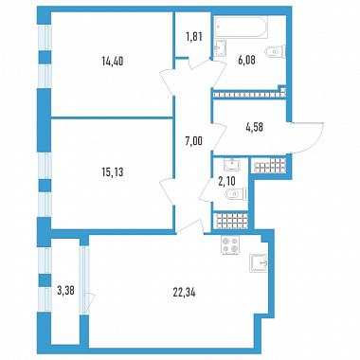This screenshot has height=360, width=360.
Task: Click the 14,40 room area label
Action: coord(113,61)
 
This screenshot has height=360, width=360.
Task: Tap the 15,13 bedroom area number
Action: coord(113,172)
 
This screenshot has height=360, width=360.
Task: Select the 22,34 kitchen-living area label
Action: coord(185,293)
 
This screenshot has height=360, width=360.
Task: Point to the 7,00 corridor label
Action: coord(193,141)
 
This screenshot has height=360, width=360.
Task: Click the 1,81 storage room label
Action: coord(193,37)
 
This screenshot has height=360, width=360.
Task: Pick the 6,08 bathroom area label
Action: coord(246,60)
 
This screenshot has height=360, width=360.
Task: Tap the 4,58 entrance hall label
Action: coord(254,127)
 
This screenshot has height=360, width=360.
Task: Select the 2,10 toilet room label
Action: coord(227,181)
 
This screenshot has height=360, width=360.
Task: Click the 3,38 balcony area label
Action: coord(65,291)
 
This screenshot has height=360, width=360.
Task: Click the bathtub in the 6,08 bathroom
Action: coord(241,27)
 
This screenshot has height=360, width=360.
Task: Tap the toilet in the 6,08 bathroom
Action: coord(276,51)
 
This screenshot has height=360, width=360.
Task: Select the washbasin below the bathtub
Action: coord(220,48)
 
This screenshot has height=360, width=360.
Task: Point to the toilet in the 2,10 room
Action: coord(236,193)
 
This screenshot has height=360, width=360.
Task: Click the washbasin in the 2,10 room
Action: coord(231,164)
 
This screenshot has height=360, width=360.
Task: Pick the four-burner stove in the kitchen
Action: coord(230,244)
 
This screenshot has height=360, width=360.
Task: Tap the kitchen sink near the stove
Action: coord(259,263)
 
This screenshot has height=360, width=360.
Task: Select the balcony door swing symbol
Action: coord(87,301)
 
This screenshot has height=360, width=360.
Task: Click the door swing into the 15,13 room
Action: coord(167,191)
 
